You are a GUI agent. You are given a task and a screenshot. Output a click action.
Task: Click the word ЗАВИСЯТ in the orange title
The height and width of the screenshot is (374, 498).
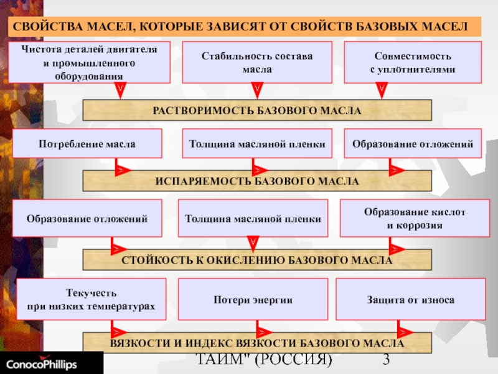(x=236, y=26)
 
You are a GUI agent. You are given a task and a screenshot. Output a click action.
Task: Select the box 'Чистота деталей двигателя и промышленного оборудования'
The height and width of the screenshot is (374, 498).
(x=89, y=62)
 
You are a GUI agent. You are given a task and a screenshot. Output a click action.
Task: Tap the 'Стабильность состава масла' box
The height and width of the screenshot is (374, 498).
(x=257, y=62)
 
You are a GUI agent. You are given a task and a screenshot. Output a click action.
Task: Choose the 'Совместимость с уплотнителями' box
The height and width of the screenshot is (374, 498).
(x=413, y=62)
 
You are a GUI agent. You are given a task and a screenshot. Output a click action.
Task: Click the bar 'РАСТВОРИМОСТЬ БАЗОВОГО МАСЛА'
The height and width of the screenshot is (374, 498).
(x=257, y=110)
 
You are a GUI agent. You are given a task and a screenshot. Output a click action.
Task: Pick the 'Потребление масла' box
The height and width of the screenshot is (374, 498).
(x=87, y=143)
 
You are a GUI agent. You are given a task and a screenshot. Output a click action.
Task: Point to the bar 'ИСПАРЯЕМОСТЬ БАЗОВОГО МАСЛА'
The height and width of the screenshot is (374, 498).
(x=257, y=181)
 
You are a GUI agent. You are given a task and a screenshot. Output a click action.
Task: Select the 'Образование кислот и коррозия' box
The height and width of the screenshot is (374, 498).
(x=415, y=218)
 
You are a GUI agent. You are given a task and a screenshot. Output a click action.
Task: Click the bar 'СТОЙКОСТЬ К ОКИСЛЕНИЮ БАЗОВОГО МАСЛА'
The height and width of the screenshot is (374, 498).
(x=257, y=259)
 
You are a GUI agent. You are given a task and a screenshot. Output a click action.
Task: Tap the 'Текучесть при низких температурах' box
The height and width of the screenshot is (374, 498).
(x=91, y=299)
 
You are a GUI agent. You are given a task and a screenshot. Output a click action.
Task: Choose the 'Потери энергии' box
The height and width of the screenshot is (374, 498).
(x=253, y=299)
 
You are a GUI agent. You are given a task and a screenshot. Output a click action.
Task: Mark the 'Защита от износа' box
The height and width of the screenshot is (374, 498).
(x=411, y=299)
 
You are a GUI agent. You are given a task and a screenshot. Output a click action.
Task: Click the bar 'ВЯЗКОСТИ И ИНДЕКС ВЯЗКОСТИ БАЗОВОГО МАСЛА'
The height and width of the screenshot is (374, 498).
(x=257, y=343)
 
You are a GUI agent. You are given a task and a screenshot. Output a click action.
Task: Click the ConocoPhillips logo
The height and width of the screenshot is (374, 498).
(x=42, y=363)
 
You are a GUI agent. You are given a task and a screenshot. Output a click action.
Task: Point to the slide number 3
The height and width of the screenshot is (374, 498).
(x=386, y=360)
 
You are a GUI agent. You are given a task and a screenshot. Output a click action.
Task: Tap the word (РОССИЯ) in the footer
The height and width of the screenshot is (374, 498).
(x=293, y=360)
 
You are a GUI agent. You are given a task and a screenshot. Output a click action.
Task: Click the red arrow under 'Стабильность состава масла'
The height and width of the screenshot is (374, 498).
(x=257, y=90)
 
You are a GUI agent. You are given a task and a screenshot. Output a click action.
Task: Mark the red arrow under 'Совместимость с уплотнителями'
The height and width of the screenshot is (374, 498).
(x=382, y=90)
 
